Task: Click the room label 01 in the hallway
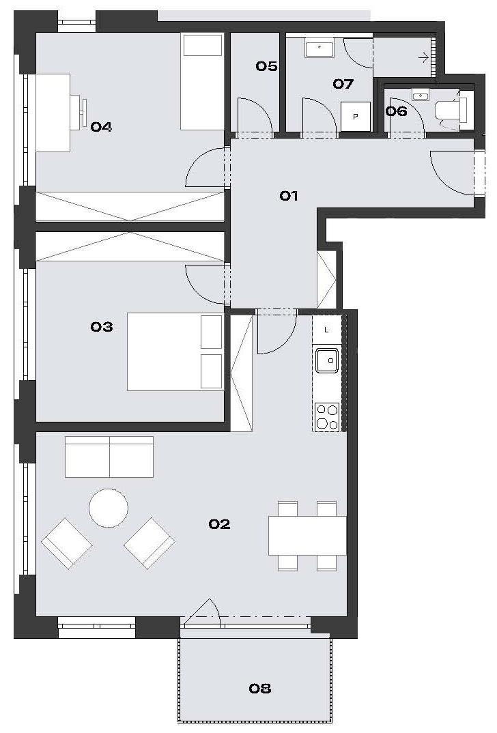click(x=289, y=195)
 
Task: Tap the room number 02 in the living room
click(x=219, y=524)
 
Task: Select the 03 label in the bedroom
click(x=102, y=326)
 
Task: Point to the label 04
click(x=101, y=126)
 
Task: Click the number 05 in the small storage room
click(x=266, y=66)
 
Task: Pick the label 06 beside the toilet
click(x=396, y=111)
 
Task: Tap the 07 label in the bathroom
click(x=343, y=84)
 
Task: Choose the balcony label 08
click(x=260, y=688)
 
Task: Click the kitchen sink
click(x=327, y=360)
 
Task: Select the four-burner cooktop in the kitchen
click(x=327, y=417)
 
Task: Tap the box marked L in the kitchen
click(x=327, y=330)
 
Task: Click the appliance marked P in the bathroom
click(x=355, y=117)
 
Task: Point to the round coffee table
click(x=109, y=508)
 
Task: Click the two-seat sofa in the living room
click(x=109, y=457)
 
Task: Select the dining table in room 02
click(x=307, y=536)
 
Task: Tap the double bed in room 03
click(x=175, y=351)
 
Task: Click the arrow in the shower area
click(x=423, y=58)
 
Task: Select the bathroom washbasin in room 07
click(x=319, y=49)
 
